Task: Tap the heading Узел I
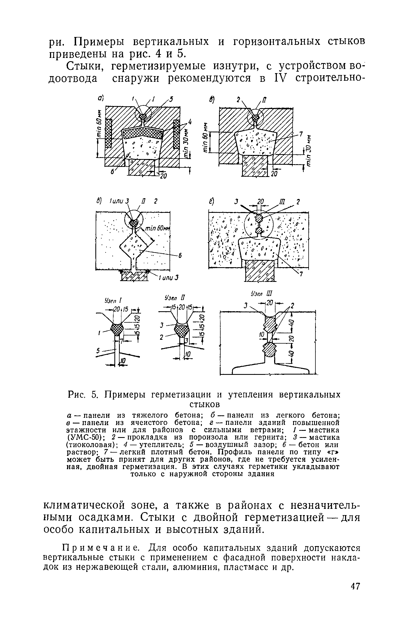(x=112, y=301)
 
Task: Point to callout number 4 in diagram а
(x=189, y=123)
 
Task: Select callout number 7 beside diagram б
(x=300, y=134)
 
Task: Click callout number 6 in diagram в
(x=180, y=256)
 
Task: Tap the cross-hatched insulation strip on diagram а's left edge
(x=109, y=133)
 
